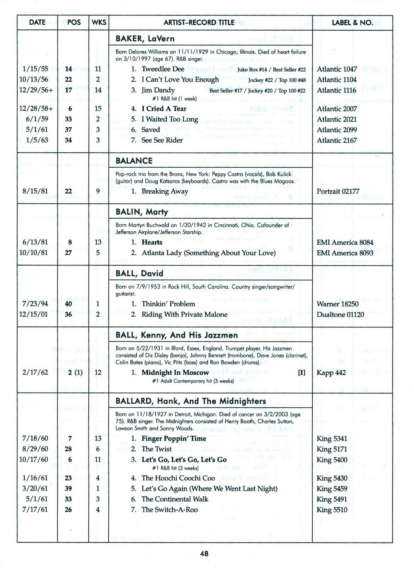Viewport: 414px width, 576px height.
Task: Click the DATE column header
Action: point(37,22)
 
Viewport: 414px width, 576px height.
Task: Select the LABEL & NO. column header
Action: point(352,22)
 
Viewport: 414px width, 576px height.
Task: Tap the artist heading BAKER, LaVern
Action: point(145,39)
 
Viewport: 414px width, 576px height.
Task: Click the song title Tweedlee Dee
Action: point(163,69)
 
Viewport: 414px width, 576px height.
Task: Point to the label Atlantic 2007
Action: point(337,109)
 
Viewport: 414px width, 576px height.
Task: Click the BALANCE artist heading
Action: point(134,161)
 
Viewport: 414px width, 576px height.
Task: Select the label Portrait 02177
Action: point(338,191)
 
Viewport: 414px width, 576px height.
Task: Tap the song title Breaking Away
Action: point(165,191)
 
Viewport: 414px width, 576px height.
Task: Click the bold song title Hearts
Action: point(152,242)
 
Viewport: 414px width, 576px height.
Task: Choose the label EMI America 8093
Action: point(345,253)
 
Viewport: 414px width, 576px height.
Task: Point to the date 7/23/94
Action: point(35,304)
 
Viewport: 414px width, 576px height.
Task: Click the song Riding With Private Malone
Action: point(184,314)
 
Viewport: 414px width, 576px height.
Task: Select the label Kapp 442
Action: point(331,372)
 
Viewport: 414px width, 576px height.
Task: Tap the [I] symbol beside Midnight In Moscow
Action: point(302,372)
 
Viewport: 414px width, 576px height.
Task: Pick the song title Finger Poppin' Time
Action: point(174,439)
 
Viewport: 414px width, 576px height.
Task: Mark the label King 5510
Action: point(332,510)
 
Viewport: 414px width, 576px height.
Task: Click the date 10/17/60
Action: point(34,460)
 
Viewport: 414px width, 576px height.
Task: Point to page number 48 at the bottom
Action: point(204,554)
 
